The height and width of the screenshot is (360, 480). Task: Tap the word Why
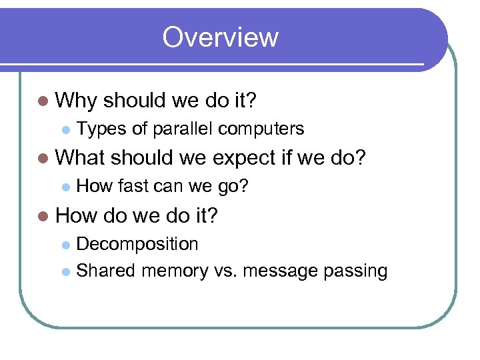point(77,101)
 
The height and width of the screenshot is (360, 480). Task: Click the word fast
point(135,186)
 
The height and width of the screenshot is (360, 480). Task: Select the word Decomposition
point(137,244)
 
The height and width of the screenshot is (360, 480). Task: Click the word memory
point(175,271)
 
